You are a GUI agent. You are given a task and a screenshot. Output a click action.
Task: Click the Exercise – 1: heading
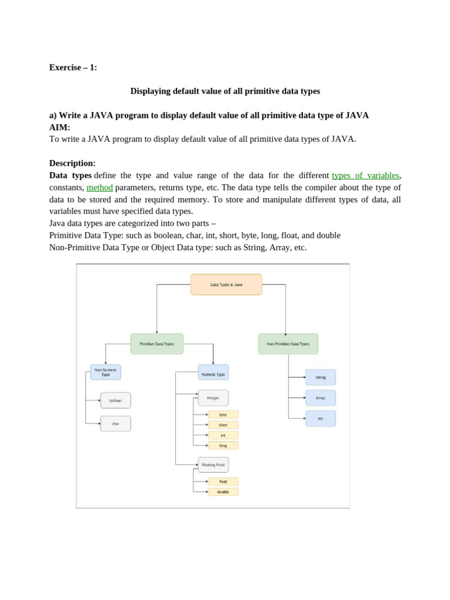(x=73, y=67)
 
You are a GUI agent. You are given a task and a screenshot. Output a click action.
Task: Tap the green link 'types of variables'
(x=366, y=175)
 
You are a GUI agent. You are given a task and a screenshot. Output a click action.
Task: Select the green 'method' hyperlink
(x=100, y=187)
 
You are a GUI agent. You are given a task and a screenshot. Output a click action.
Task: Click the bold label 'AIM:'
(x=60, y=127)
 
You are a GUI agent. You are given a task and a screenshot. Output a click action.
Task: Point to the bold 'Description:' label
(x=73, y=163)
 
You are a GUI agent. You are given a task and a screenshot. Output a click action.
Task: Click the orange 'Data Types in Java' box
(x=226, y=285)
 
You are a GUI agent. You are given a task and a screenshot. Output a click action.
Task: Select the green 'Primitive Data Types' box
(x=157, y=344)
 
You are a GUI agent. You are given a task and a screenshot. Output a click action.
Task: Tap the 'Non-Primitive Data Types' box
(x=288, y=344)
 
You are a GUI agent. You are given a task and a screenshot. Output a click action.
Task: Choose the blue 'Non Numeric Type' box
(x=105, y=372)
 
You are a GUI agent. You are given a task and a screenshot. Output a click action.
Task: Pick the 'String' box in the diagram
(x=321, y=377)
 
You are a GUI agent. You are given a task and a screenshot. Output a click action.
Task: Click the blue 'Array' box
(x=321, y=398)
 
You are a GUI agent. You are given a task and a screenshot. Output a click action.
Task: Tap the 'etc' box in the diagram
(x=321, y=418)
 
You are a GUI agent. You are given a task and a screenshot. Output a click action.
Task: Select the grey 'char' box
(x=115, y=424)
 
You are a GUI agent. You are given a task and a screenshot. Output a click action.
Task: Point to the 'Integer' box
(x=213, y=398)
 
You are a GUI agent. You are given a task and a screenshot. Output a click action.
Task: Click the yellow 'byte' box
(x=223, y=414)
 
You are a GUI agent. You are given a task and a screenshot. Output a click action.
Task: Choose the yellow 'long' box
(x=223, y=445)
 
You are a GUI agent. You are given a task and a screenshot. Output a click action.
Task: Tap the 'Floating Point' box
(x=213, y=465)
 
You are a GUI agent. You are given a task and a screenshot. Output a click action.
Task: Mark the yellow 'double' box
(x=223, y=492)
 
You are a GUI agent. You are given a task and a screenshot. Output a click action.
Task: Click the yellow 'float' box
(x=223, y=482)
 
